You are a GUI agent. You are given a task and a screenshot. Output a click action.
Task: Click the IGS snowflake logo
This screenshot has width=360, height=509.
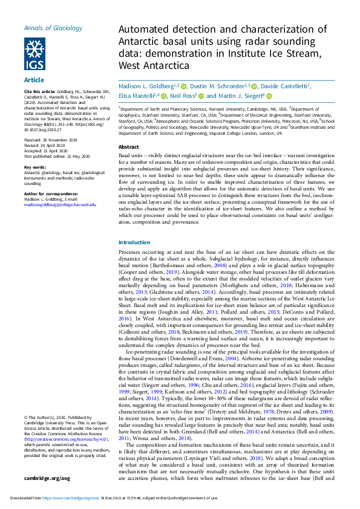pyautogui.click(x=34, y=54)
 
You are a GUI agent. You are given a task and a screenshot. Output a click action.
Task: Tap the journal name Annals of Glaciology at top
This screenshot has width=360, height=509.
pyautogui.click(x=53, y=28)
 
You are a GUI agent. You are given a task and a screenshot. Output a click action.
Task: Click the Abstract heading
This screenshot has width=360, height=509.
pyautogui.click(x=128, y=147)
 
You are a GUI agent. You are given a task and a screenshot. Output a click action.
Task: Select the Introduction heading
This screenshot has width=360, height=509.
pyautogui.click(x=134, y=242)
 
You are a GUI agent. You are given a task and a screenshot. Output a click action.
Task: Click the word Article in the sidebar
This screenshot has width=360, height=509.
pyautogui.click(x=33, y=80)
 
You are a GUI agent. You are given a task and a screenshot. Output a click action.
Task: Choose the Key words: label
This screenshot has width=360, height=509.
pyautogui.click(x=36, y=167)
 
